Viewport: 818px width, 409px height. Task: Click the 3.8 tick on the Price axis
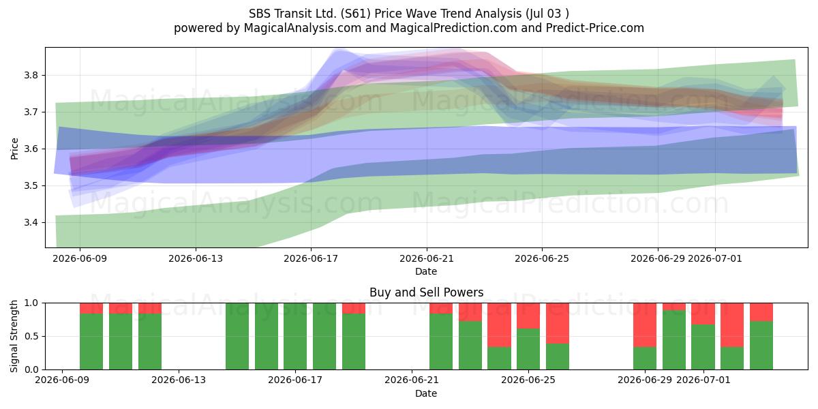tap(31, 76)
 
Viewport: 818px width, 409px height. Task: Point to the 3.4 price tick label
tap(31, 222)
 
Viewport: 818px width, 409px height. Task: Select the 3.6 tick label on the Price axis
tap(31, 149)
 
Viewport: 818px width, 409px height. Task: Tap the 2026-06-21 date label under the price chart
tap(427, 258)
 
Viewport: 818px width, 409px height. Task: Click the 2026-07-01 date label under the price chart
tap(715, 258)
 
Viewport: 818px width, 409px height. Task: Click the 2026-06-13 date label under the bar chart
tap(179, 380)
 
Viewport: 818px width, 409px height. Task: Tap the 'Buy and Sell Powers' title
tap(427, 292)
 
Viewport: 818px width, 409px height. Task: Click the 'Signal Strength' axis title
tap(14, 336)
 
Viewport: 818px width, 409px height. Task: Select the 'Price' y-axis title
tap(14, 149)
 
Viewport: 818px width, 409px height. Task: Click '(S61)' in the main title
tap(353, 14)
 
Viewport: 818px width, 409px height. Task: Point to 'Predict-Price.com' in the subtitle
tap(595, 28)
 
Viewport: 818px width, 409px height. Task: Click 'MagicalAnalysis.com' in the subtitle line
tap(303, 28)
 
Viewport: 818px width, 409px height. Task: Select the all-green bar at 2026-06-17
tap(295, 336)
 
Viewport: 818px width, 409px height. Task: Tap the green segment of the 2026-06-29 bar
tap(645, 359)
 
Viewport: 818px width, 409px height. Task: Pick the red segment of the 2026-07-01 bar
tap(703, 314)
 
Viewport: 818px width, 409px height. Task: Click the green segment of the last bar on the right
tap(761, 346)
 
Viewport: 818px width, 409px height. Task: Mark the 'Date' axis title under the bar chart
tap(426, 393)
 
